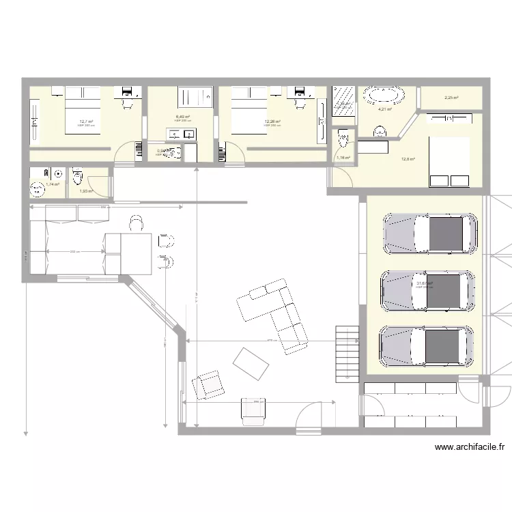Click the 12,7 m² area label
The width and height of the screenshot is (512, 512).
(85, 122)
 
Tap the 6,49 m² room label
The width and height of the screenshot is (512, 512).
(182, 117)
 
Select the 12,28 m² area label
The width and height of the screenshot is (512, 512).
(272, 122)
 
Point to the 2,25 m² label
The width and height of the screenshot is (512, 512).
(451, 98)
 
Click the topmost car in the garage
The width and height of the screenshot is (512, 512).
(429, 233)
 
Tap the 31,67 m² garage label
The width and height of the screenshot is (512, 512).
(425, 283)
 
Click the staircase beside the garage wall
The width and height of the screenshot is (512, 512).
(347, 353)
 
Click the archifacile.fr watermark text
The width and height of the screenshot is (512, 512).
(470, 448)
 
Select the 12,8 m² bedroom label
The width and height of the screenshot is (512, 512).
(408, 159)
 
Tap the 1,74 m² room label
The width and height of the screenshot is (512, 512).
(53, 184)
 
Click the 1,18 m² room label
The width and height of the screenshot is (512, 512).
(343, 158)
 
